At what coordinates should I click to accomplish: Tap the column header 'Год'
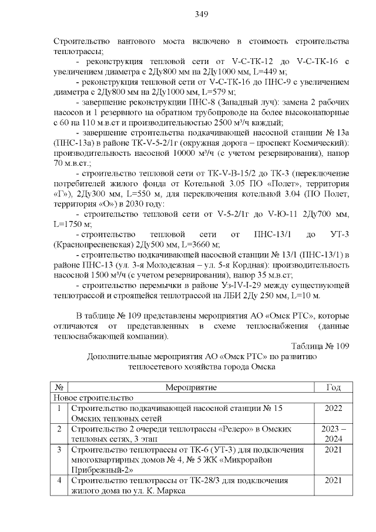pos(333,387)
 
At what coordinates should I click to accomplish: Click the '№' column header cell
pos(59,387)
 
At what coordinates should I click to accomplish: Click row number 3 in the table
pos(59,450)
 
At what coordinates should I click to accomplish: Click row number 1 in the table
pos(59,408)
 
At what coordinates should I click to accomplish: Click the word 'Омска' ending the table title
pos(262,366)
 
